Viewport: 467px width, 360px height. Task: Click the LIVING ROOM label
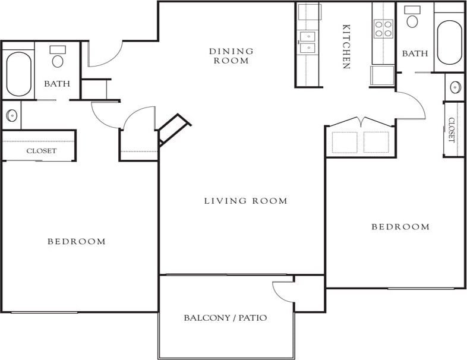point(245,201)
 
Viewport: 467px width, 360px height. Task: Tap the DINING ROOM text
point(231,56)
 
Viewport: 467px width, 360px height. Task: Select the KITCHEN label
point(346,46)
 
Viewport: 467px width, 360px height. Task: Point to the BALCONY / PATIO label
point(225,318)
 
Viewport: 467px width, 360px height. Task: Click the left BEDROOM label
point(77,241)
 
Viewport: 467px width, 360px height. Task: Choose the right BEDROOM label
point(400,226)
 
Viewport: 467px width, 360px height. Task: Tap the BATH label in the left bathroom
point(57,84)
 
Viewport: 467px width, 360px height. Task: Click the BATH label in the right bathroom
point(415,53)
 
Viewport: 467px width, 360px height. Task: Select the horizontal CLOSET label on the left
point(42,151)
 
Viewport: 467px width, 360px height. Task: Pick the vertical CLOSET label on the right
point(452,130)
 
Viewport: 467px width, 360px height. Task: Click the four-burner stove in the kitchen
point(383,28)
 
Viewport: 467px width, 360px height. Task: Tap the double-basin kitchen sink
point(308,42)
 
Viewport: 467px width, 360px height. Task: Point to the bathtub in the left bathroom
point(18,74)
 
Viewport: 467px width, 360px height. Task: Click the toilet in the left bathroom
point(58,57)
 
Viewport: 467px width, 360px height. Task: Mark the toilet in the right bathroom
point(412,18)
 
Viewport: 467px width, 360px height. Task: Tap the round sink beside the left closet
point(12,115)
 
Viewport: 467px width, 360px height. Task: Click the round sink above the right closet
point(455,87)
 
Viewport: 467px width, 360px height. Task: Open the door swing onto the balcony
point(282,290)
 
